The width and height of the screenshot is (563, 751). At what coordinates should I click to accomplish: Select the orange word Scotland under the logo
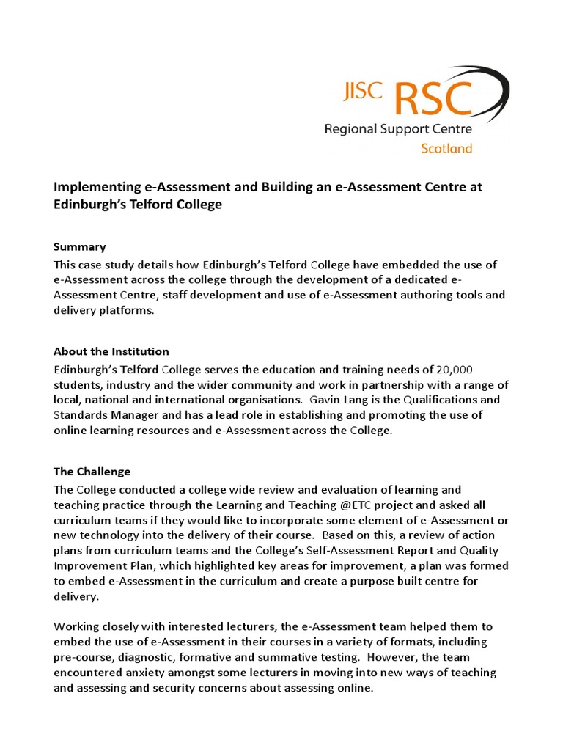[x=446, y=148]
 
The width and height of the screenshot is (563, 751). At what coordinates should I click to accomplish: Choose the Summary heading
[x=80, y=247]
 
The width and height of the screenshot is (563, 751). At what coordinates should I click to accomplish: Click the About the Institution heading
[x=111, y=351]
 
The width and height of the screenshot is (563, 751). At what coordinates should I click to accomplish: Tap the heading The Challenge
[x=92, y=471]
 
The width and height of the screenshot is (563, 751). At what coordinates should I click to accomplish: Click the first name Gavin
[x=326, y=400]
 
